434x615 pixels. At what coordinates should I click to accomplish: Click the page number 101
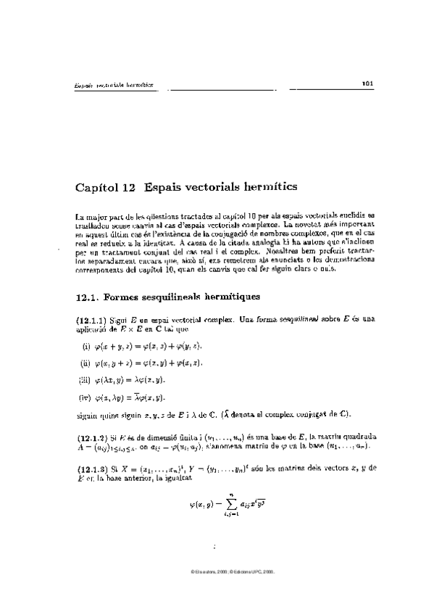[367, 83]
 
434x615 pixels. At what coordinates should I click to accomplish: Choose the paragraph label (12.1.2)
[92, 438]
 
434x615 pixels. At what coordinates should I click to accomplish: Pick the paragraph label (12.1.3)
[92, 469]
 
